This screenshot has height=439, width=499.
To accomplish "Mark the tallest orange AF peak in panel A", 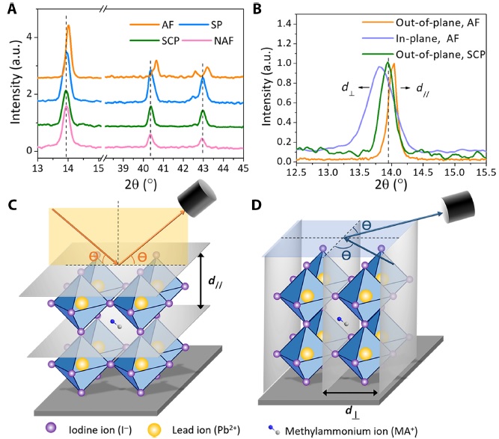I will (x=69, y=26).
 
